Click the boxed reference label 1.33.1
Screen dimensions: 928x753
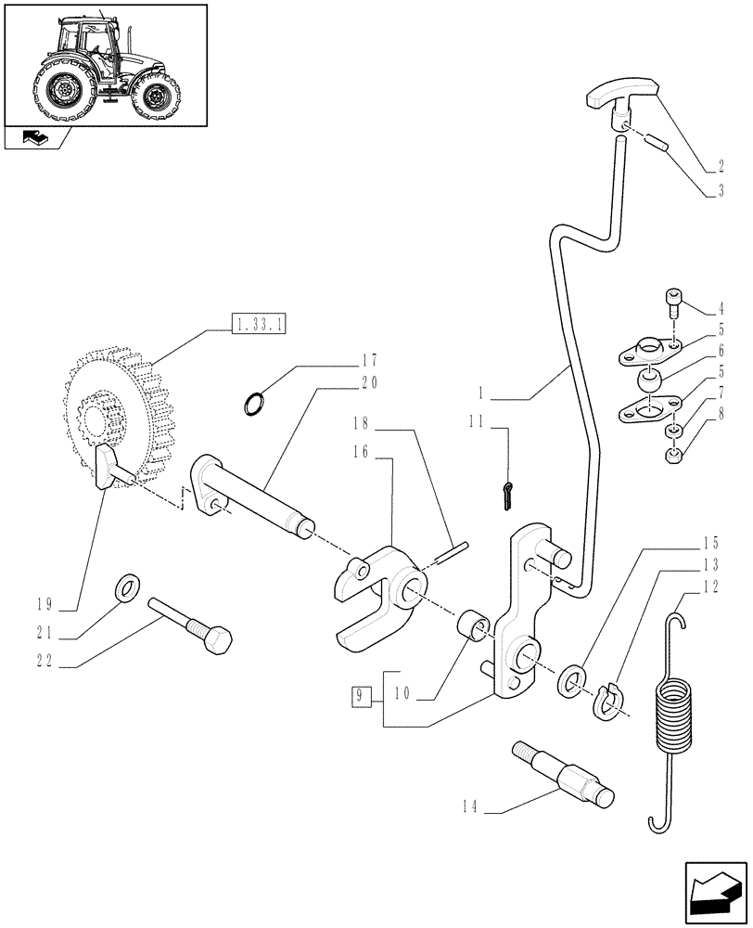point(259,325)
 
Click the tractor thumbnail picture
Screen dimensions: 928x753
point(105,63)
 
